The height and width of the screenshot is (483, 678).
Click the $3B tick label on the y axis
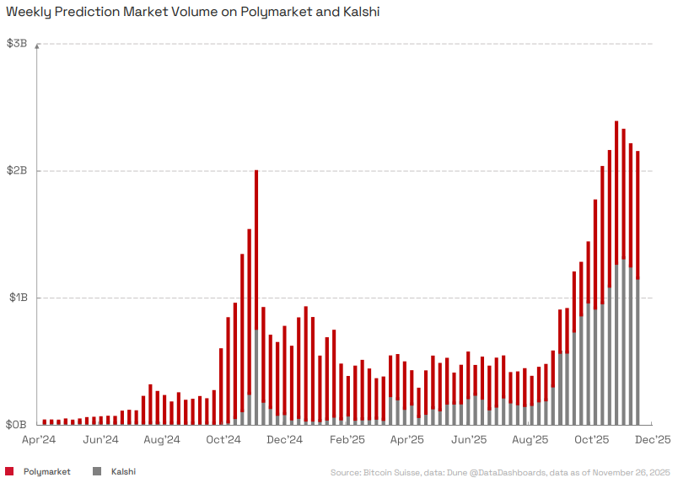point(17,43)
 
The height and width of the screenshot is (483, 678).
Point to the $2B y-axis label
point(17,170)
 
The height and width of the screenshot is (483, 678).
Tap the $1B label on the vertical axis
point(17,298)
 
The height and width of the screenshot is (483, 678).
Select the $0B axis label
point(17,425)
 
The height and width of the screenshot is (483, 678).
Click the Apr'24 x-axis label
point(38,439)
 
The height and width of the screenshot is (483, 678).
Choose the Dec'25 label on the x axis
point(653,439)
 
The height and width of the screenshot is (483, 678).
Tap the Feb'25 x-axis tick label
point(347,439)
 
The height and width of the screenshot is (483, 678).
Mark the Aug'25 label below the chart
point(530,439)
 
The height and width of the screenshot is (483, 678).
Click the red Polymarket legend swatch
point(9,471)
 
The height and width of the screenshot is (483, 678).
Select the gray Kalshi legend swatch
point(97,471)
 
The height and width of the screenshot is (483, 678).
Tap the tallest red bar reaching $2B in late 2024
point(256,253)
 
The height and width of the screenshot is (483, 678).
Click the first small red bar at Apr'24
point(45,421)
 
